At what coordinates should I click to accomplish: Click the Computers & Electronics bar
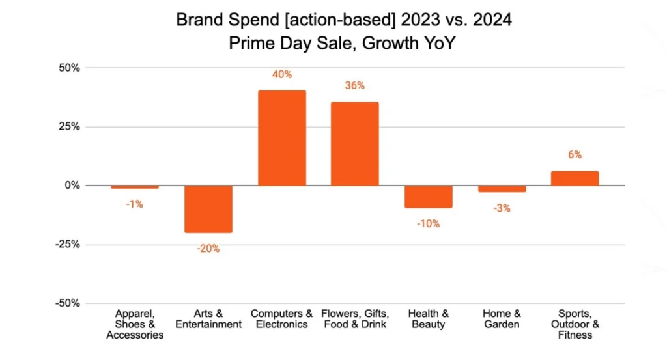point(282,138)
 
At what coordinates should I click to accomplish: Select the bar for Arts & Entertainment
point(208,209)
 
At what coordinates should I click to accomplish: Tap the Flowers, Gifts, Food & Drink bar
point(354,144)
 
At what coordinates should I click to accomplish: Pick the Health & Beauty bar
point(428,197)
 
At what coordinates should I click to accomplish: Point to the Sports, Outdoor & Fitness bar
point(575,178)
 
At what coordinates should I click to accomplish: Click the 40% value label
point(282,75)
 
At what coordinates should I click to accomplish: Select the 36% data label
point(355,86)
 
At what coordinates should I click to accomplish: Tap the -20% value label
point(208,249)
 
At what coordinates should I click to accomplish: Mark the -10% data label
point(428,224)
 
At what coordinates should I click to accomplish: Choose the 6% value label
point(575,155)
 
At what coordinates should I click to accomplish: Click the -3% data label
point(502,208)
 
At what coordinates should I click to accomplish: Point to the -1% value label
point(135,204)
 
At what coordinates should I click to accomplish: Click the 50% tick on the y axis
point(69,68)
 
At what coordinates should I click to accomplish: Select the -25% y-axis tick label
point(67,245)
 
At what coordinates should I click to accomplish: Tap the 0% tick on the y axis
point(72,186)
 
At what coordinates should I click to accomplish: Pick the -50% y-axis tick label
point(67,303)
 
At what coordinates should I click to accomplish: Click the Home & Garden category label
point(502,319)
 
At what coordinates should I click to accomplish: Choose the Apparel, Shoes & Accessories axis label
point(135,324)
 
